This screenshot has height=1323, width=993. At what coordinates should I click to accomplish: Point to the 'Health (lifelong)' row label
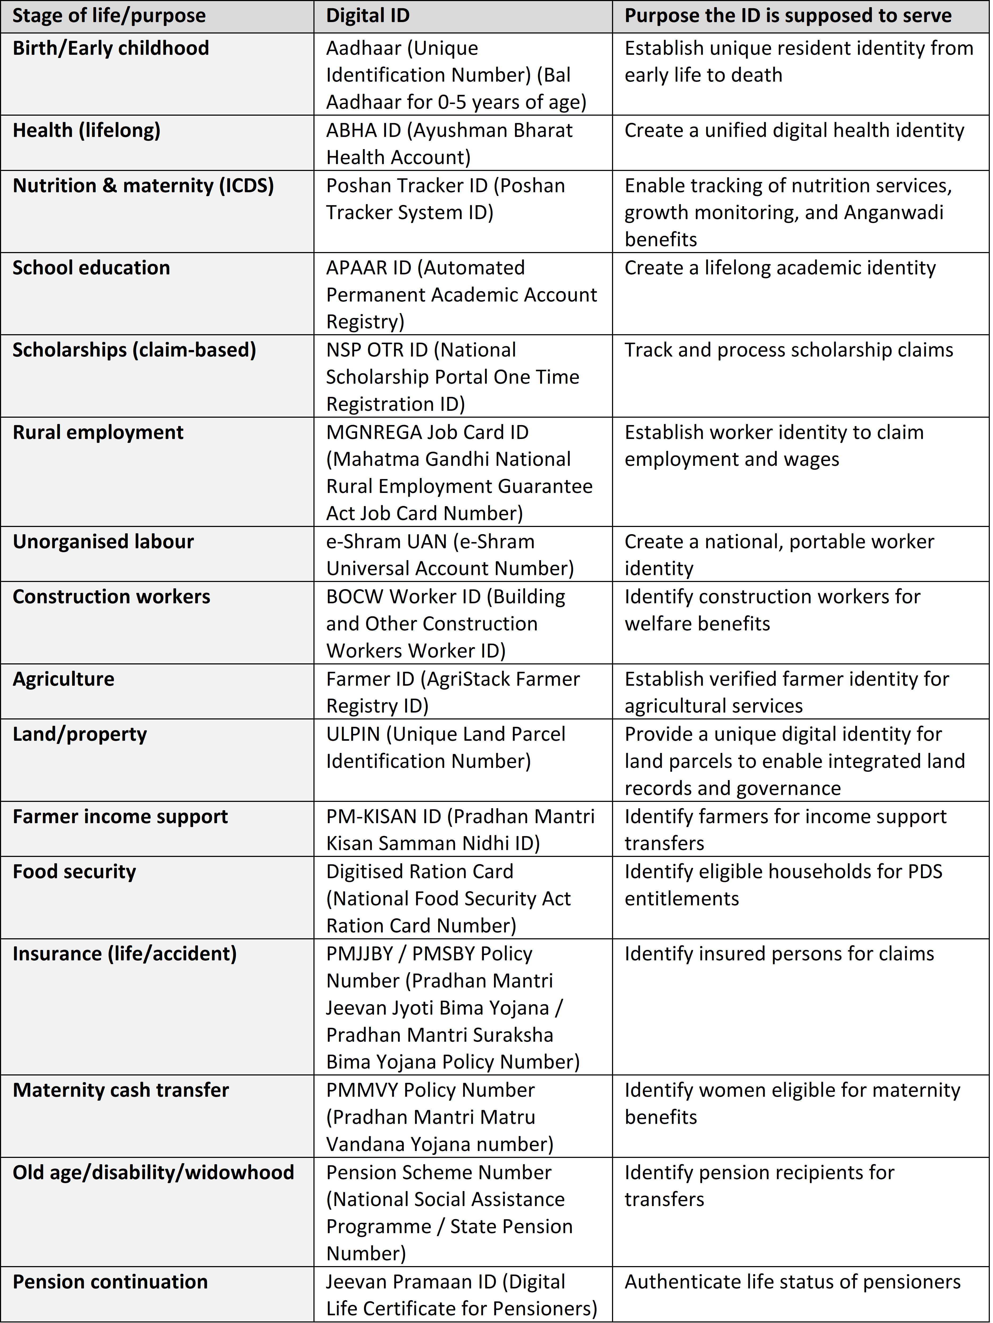[x=87, y=130]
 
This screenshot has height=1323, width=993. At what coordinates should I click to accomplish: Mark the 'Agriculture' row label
[x=63, y=679]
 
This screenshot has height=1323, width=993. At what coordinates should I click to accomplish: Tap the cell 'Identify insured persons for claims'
[x=779, y=954]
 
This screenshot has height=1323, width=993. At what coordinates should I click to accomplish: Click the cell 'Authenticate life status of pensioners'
[x=792, y=1282]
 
